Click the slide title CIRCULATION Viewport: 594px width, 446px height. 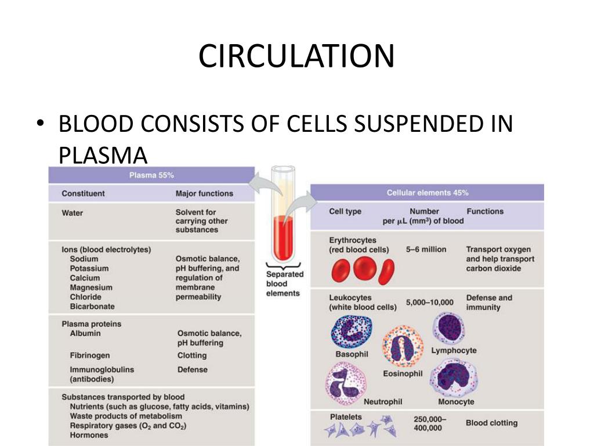pos(296,56)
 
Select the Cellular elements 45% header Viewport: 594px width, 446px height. pos(428,192)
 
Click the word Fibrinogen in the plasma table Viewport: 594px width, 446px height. pos(89,355)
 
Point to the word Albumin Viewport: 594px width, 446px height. pos(85,333)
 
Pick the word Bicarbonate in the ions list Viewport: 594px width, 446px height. pos(92,306)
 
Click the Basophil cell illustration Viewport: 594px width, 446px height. pos(351,332)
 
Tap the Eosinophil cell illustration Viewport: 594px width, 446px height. pos(402,347)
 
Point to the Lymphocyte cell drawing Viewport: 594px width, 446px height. pos(449,328)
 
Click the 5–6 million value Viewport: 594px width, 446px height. pos(426,249)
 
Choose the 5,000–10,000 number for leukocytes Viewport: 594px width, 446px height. pos(430,303)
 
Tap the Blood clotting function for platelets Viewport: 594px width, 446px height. pos(491,423)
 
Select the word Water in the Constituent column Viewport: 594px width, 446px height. pos(73,213)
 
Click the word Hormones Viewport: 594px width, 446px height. pos(89,435)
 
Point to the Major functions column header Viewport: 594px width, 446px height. pos(204,193)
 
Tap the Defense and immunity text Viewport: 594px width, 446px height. pos(489,302)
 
